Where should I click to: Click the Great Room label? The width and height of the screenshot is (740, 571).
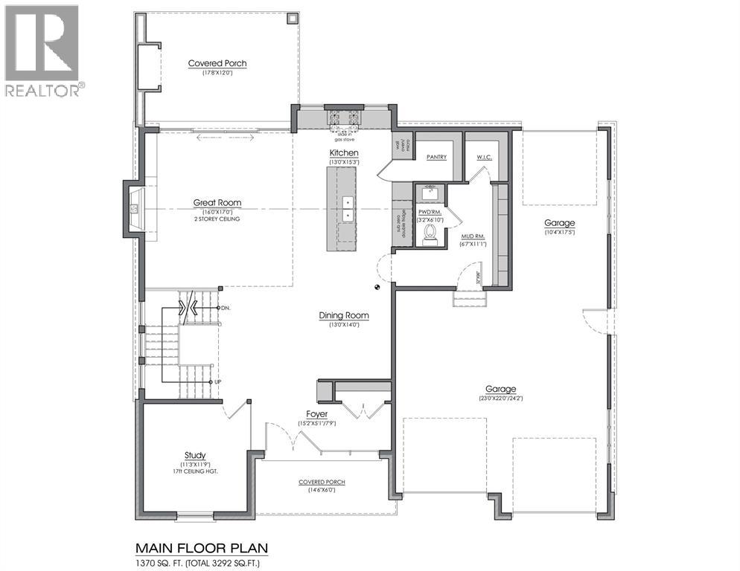tap(217, 202)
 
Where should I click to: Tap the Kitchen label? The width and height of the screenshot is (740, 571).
tap(345, 152)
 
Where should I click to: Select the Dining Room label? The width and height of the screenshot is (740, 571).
tap(344, 315)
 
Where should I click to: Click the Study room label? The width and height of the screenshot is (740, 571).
tap(195, 455)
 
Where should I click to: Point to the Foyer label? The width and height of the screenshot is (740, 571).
tap(317, 414)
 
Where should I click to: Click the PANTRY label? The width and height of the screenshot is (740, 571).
tap(436, 158)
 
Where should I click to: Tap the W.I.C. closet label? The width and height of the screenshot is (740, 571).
tap(485, 158)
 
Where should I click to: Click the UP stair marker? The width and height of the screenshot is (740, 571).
tap(217, 381)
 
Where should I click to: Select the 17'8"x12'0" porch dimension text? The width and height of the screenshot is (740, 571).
tap(217, 73)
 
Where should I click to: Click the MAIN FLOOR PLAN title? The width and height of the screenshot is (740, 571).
tap(201, 549)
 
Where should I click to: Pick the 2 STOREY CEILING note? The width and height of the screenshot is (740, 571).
tap(217, 220)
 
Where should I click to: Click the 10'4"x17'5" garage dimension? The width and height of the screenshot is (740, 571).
tap(559, 232)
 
